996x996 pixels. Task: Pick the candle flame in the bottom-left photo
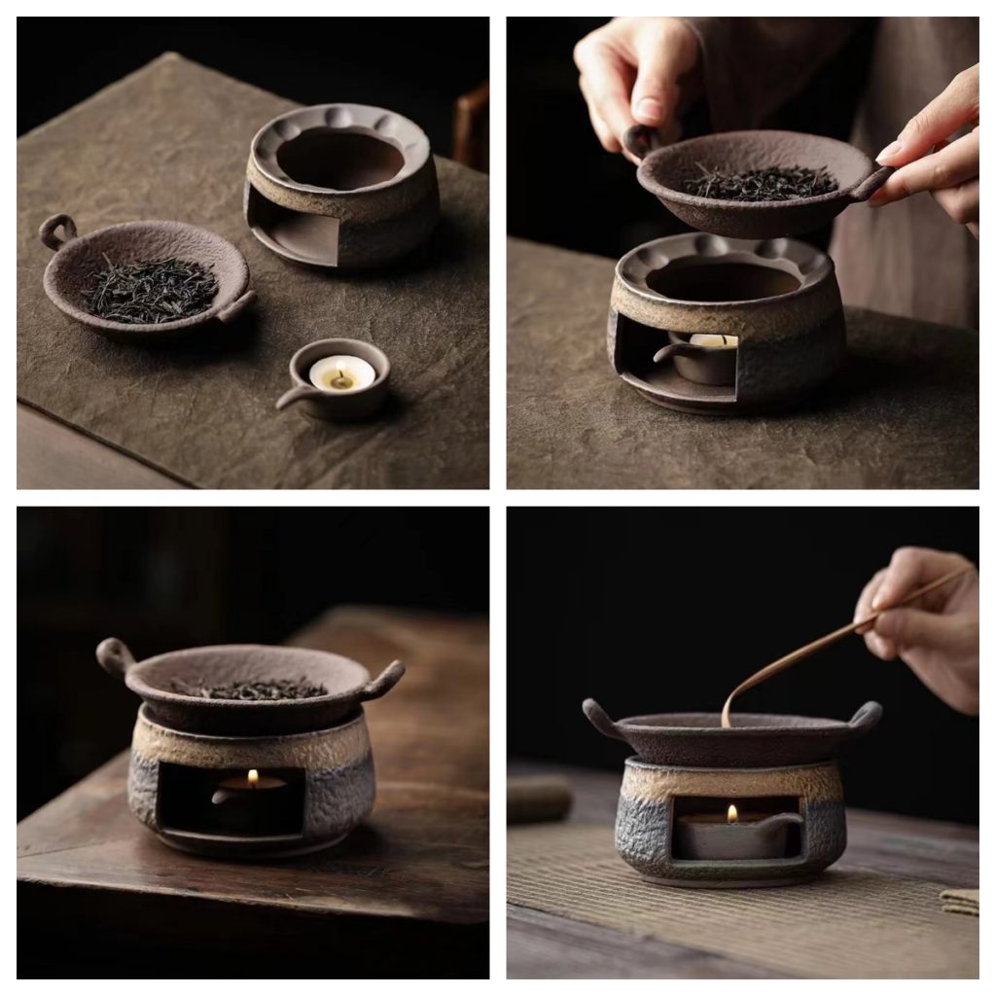tap(253, 777)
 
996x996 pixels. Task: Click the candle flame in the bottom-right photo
tap(731, 813)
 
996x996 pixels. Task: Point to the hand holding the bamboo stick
tap(919, 622)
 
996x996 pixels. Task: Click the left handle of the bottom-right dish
tap(598, 716)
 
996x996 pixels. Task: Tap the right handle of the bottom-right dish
tap(866, 717)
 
